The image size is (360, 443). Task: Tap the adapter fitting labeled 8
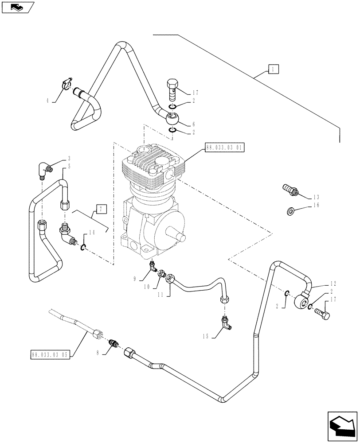(115, 344)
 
